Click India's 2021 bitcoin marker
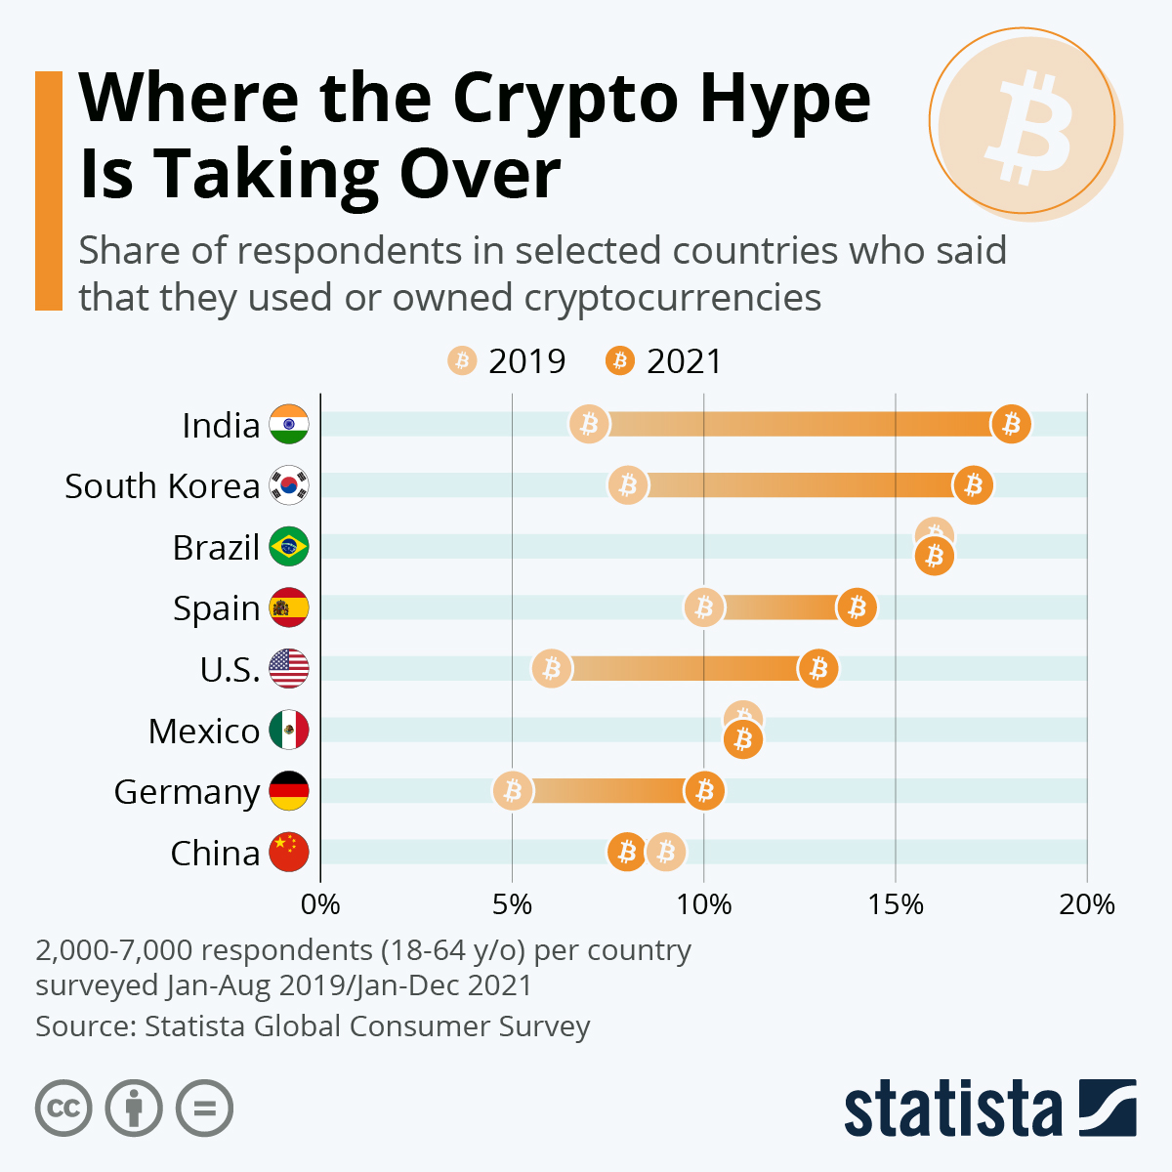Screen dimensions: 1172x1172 [x=1011, y=425]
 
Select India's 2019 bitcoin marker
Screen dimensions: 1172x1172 [x=589, y=425]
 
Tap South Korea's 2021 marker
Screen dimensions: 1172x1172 [x=973, y=485]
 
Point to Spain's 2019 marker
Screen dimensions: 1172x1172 [x=703, y=607]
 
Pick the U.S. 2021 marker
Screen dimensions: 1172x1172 [x=818, y=669]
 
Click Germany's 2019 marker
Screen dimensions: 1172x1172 [x=512, y=791]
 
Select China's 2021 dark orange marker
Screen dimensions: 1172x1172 [x=627, y=853]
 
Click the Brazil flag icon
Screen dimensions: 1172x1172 [x=289, y=547]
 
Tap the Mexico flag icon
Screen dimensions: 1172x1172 [x=289, y=730]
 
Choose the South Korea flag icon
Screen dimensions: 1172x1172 [x=289, y=485]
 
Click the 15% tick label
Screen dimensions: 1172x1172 [x=896, y=904]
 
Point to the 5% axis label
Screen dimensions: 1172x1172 [x=512, y=904]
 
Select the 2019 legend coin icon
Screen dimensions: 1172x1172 [x=462, y=361]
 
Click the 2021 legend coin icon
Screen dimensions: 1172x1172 [x=620, y=361]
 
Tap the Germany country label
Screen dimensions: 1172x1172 [x=187, y=792]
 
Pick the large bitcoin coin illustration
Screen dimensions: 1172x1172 [x=1024, y=121]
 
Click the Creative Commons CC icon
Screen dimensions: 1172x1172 [x=63, y=1109]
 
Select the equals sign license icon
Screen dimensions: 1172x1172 [x=205, y=1109]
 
